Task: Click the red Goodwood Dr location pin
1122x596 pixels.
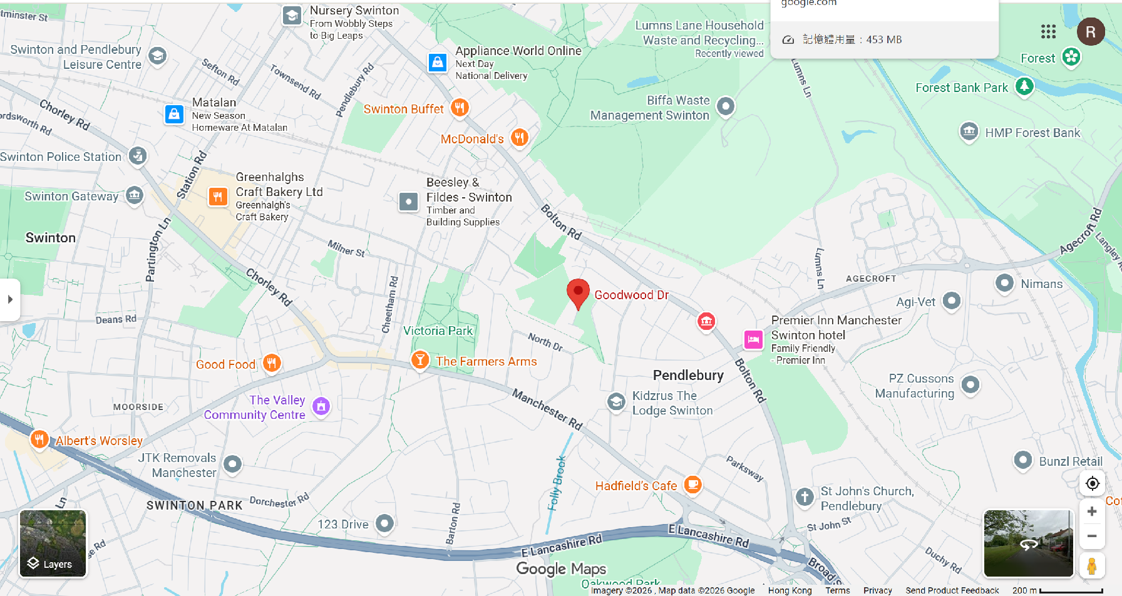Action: click(578, 292)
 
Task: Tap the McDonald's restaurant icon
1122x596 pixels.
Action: click(519, 137)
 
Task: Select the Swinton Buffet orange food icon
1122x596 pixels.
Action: click(460, 107)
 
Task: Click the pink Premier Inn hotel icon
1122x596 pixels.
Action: click(753, 339)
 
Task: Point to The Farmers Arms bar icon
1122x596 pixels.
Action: click(420, 360)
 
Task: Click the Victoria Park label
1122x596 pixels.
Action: click(438, 331)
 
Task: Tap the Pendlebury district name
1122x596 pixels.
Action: click(688, 375)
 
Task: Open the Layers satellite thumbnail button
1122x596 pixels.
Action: click(53, 543)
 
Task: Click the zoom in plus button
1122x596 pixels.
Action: click(1092, 511)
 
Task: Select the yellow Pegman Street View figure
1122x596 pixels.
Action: click(1092, 566)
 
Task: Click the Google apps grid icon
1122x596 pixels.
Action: click(1048, 31)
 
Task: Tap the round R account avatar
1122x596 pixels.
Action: click(1091, 31)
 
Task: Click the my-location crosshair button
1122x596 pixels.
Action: click(1092, 483)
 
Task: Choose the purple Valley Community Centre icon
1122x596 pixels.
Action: click(321, 406)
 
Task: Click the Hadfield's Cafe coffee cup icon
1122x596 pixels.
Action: click(692, 484)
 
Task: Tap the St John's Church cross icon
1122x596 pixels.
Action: click(805, 497)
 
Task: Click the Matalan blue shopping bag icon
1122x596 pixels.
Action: click(174, 114)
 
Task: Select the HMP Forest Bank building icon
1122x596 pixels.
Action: click(969, 131)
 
